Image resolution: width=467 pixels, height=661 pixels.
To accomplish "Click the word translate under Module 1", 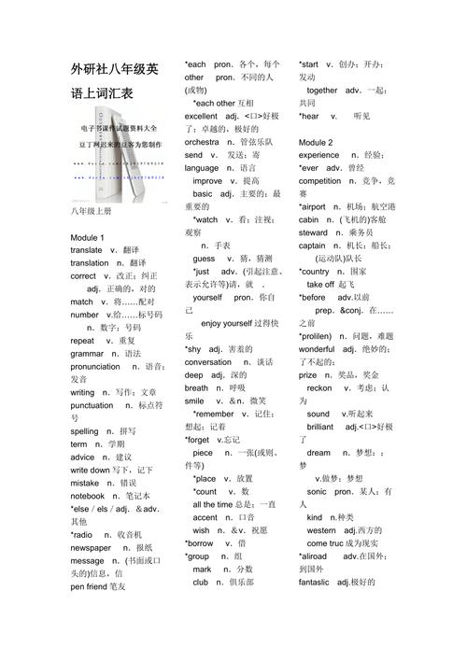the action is point(86,250).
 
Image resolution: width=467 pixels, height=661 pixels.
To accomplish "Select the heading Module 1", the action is point(87,237).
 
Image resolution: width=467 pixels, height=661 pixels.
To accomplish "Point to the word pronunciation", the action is point(95,367).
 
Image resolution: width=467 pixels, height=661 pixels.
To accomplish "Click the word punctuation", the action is point(91,406).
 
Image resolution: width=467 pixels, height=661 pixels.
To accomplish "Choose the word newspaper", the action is point(95,547).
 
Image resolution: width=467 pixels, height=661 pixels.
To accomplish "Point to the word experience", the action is point(319,155).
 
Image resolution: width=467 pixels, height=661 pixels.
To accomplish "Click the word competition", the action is point(320,180).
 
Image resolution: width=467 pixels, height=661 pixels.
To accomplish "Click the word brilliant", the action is point(319,426).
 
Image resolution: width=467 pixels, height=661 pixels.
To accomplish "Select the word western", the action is point(320,529).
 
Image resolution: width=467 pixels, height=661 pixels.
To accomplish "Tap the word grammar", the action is point(87,354).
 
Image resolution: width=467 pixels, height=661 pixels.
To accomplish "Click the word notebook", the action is point(87,496).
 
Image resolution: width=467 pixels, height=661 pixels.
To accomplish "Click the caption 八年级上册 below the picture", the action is point(91,212).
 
